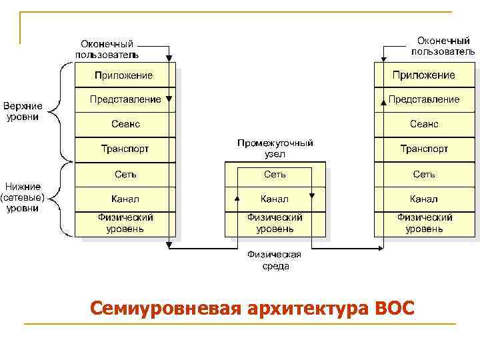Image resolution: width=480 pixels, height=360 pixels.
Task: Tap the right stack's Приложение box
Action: tap(424, 75)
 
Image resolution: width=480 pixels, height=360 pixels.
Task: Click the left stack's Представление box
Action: tap(125, 99)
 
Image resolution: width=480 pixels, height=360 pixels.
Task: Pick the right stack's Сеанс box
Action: tap(424, 124)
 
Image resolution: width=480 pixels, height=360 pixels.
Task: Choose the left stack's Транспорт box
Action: tap(125, 149)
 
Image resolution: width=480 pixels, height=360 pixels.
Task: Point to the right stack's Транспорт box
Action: tap(424, 149)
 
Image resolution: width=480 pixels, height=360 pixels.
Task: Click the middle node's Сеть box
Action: tap(275, 174)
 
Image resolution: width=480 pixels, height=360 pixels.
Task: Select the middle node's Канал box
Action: tap(275, 199)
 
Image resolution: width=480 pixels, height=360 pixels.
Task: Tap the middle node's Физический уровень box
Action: tap(275, 223)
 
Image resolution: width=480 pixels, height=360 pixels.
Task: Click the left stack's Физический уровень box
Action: tap(125, 223)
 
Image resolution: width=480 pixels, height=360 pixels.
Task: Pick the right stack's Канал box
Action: tap(424, 199)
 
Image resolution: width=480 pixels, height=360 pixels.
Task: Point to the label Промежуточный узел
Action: tap(275, 149)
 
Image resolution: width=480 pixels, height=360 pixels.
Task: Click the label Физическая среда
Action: tap(275, 260)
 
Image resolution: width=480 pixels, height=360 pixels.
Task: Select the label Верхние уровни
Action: tap(23, 111)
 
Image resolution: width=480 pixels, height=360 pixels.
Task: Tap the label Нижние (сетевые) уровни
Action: tap(23, 197)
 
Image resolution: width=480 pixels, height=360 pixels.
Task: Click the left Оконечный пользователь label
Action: tap(107, 49)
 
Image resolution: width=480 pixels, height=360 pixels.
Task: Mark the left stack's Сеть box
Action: tap(125, 174)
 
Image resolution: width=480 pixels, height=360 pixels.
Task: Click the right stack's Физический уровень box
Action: tap(424, 223)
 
